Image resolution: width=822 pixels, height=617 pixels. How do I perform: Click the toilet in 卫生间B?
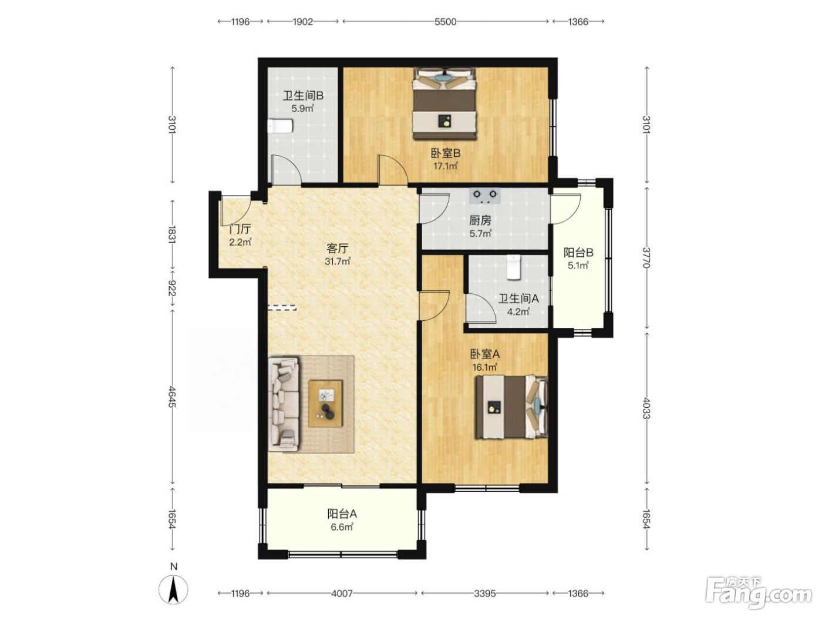point(279,126)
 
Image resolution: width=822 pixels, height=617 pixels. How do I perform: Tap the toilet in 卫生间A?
point(513,267)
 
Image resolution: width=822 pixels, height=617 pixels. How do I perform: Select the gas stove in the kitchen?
point(485,196)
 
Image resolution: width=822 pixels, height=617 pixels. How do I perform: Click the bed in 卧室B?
point(444,103)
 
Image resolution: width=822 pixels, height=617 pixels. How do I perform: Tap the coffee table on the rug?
point(325,403)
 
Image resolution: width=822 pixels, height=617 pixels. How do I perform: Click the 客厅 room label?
point(338,248)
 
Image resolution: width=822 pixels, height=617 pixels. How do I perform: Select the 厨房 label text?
point(480,221)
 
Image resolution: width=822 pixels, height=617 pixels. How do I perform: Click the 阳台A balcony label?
point(342,514)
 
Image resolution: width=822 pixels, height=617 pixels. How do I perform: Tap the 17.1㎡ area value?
point(445,166)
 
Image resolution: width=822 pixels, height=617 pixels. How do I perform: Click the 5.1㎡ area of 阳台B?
point(578,266)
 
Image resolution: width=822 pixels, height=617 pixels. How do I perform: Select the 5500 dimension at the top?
point(445,22)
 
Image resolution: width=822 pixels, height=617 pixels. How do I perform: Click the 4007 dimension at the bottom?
point(342,593)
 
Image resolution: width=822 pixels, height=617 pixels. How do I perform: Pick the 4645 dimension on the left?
point(172,396)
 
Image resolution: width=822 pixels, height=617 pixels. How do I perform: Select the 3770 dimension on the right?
point(646,258)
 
